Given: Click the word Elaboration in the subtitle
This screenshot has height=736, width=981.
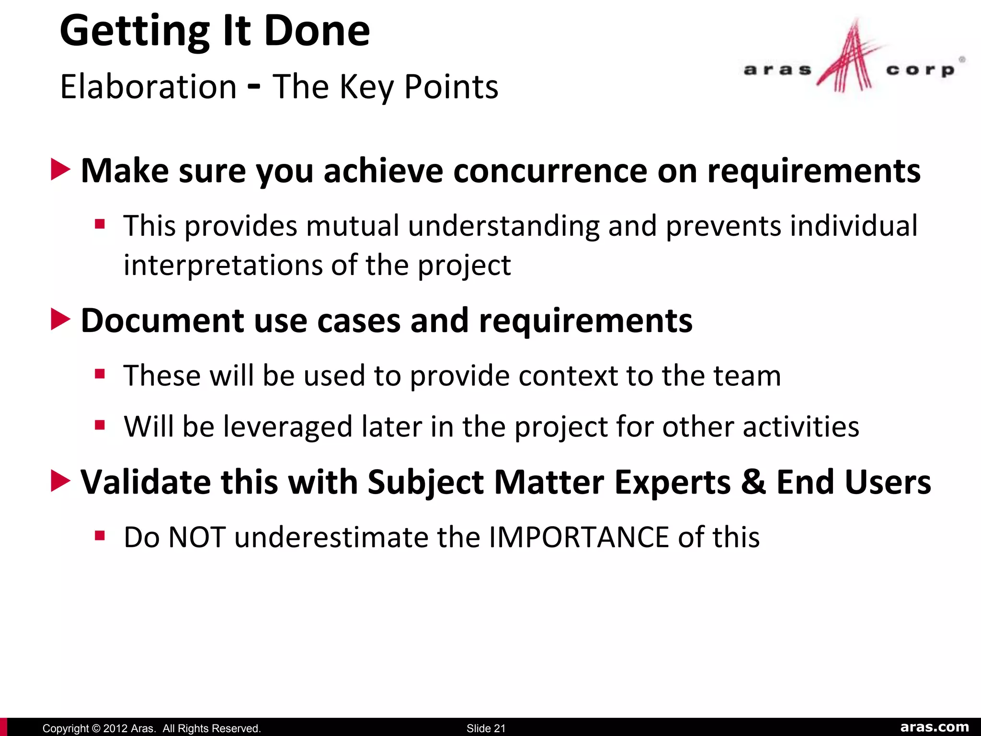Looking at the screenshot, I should pos(148,87).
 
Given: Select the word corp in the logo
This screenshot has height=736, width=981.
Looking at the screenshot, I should pos(920,70).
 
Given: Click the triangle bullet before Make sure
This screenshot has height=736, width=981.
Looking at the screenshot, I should pos(60,170).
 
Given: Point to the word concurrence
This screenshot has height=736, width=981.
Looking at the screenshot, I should pos(550,171).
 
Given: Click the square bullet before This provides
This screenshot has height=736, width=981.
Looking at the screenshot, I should pos(100,224).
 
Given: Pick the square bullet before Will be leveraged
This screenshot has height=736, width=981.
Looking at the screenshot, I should pos(100,425).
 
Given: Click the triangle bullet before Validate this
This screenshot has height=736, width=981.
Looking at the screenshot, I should pos(60,481).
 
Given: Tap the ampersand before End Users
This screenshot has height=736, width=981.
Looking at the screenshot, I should pos(753,482).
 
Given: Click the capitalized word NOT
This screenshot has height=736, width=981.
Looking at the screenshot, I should pos(197,537).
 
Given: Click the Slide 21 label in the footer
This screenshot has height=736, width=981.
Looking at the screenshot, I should pos(486,728).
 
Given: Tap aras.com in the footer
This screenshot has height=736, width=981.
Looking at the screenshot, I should pos(934,727).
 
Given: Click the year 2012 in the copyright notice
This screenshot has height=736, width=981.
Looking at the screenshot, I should pos(115,728).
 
